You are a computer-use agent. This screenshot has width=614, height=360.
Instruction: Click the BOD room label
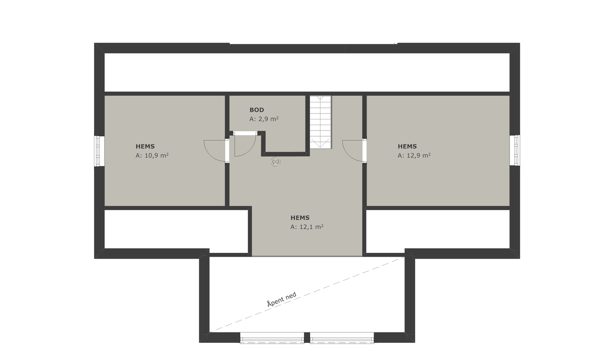click(x=256, y=110)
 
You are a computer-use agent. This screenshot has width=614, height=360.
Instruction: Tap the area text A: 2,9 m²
click(x=264, y=119)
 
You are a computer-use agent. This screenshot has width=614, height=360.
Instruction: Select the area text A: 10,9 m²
click(x=152, y=155)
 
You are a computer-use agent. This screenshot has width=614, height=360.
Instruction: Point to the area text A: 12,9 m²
click(x=414, y=155)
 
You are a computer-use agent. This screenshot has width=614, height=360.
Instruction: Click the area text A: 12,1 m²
click(x=307, y=227)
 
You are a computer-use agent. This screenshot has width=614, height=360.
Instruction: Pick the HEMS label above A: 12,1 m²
click(x=300, y=218)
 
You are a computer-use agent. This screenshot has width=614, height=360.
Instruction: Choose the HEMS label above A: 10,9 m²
click(x=145, y=147)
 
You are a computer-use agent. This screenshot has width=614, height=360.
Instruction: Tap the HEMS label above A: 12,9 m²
click(x=407, y=147)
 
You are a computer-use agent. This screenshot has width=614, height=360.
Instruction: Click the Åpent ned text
click(x=282, y=299)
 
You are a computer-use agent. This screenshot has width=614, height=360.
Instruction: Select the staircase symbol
click(x=320, y=122)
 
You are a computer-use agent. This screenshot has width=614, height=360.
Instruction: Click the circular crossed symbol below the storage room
click(x=276, y=162)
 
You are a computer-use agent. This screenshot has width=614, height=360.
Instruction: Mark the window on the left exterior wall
click(x=98, y=151)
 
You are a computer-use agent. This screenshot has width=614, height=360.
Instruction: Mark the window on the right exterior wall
click(x=516, y=150)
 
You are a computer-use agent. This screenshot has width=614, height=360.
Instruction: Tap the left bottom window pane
click(x=272, y=338)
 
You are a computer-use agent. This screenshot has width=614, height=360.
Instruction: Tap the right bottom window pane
click(x=342, y=338)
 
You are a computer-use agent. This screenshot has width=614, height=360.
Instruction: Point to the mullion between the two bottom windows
click(x=307, y=338)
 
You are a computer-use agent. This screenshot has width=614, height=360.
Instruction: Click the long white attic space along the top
click(x=307, y=72)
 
